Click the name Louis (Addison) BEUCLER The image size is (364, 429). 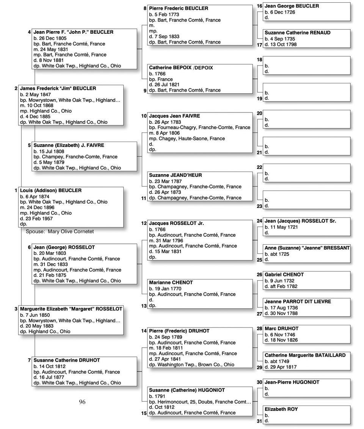coord(50,190)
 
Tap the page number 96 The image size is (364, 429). coord(82,402)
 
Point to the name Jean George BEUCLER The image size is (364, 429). coord(292,6)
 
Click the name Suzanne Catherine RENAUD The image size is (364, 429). coord(297,33)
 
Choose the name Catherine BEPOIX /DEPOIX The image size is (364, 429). coord(181,68)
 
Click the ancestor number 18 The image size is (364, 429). coord(259,59)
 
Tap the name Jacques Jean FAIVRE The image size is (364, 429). coord(174,116)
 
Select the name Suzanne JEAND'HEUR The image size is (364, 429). coord(176,175)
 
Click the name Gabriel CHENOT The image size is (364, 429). coord(284,275)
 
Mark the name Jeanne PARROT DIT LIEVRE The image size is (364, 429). coord(298,302)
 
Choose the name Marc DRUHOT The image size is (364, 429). coord(281,329)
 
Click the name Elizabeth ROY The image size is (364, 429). coord(281,409)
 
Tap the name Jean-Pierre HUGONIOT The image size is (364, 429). coord(292,382)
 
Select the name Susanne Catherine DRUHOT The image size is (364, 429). coord(67,360)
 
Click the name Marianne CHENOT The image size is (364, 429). coord(171,283)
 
